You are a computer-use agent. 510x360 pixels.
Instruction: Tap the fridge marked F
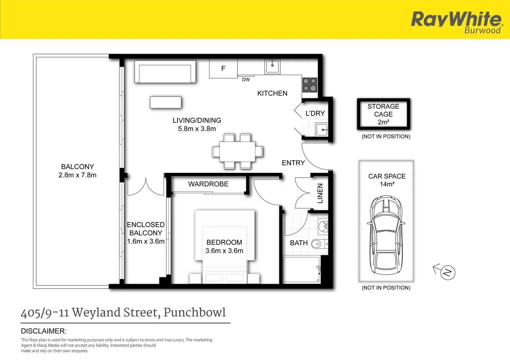tap(223, 68)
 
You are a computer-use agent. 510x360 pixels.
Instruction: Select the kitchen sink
tap(272, 66)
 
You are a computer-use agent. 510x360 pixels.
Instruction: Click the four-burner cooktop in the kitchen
tap(310, 85)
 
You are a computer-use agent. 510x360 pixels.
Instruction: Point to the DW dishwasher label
tap(246, 80)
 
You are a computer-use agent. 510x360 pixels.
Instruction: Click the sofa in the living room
tap(165, 71)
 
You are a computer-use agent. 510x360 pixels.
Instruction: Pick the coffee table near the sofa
tap(166, 102)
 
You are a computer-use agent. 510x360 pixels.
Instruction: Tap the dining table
tap(237, 152)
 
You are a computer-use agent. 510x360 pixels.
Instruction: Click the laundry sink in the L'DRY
tap(322, 129)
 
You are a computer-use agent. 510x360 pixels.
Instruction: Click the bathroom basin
tap(323, 226)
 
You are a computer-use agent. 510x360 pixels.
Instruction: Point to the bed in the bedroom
tap(224, 247)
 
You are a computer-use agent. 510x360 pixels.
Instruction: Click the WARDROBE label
tap(208, 184)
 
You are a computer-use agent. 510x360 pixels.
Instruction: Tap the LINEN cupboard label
tap(320, 193)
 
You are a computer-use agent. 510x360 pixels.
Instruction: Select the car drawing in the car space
tap(386, 235)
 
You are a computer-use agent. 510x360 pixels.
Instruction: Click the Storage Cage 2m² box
tap(384, 114)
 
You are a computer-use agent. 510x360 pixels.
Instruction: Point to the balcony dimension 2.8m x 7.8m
tap(77, 175)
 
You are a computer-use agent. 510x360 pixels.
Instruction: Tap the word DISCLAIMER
tap(43, 331)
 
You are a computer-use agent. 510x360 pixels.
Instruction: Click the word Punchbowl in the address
tap(195, 312)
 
